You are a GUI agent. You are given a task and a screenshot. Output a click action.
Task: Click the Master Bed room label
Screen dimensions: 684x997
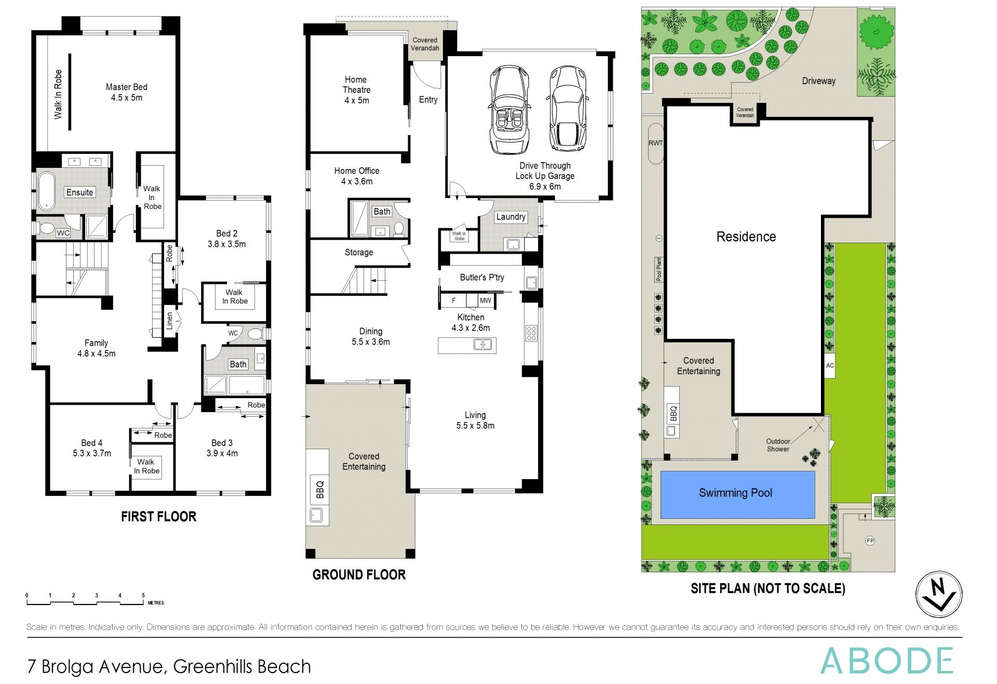pos(126,87)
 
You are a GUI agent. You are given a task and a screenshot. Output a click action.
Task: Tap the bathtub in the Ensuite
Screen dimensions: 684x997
pos(47,191)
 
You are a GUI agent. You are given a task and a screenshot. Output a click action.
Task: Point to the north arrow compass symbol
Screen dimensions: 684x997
pos(938,595)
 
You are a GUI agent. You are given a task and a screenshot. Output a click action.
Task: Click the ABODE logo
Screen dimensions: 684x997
pos(886,661)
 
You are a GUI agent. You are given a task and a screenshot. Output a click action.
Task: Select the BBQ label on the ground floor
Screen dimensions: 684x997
pos(320,490)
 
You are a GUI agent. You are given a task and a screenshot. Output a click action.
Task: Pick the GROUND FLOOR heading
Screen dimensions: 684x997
pos(359,575)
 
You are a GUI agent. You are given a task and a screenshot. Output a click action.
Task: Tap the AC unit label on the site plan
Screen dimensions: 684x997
pos(830,366)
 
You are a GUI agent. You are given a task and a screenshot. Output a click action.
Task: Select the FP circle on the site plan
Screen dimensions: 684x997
pos(870,541)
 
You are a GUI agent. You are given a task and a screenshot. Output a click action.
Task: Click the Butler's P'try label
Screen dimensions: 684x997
pos(481,278)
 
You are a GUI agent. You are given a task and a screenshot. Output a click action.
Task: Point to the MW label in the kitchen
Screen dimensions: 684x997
pos(485,301)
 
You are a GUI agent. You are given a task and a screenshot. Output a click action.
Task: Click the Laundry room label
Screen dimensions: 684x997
pos(510,217)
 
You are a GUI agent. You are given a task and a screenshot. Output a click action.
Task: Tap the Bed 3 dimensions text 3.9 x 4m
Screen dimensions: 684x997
pos(222,454)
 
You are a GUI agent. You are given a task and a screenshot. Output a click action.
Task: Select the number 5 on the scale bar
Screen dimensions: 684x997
pos(143,596)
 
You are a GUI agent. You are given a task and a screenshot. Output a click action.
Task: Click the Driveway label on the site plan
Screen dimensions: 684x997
pos(818,81)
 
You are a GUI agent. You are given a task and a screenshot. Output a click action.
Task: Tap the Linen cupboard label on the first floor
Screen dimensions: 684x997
pos(169,321)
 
